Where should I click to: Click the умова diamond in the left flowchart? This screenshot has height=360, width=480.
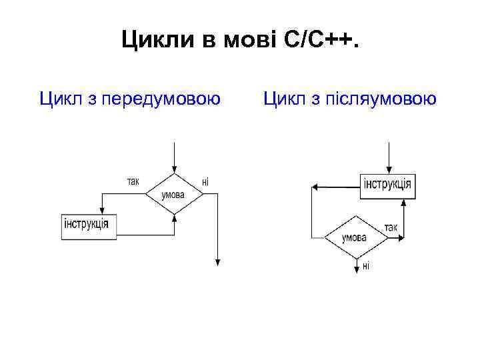point(173,194)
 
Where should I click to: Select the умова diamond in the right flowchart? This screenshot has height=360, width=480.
point(354,237)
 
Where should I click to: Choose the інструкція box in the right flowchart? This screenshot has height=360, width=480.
point(387,185)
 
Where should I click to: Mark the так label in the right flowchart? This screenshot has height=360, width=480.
point(391,227)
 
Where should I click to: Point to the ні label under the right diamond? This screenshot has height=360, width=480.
point(365,266)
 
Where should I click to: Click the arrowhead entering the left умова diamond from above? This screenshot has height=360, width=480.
point(173,170)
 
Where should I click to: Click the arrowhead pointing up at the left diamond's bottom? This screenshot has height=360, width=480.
point(173,217)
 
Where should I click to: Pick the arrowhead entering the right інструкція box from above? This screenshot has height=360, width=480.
point(387,171)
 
